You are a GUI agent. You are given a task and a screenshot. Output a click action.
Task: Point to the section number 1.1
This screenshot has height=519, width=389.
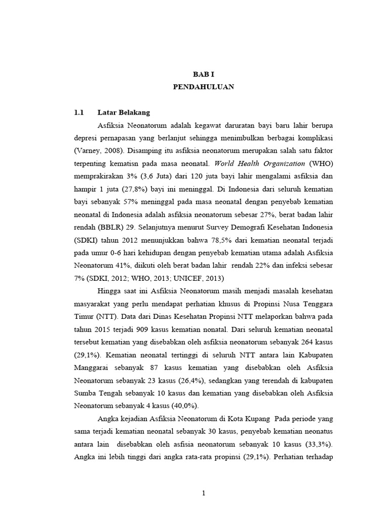tap(79, 112)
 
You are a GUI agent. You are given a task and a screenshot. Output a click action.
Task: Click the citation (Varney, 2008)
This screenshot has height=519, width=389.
tap(99, 150)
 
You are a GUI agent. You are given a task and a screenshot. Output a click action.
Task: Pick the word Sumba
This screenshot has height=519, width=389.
tap(86, 392)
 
